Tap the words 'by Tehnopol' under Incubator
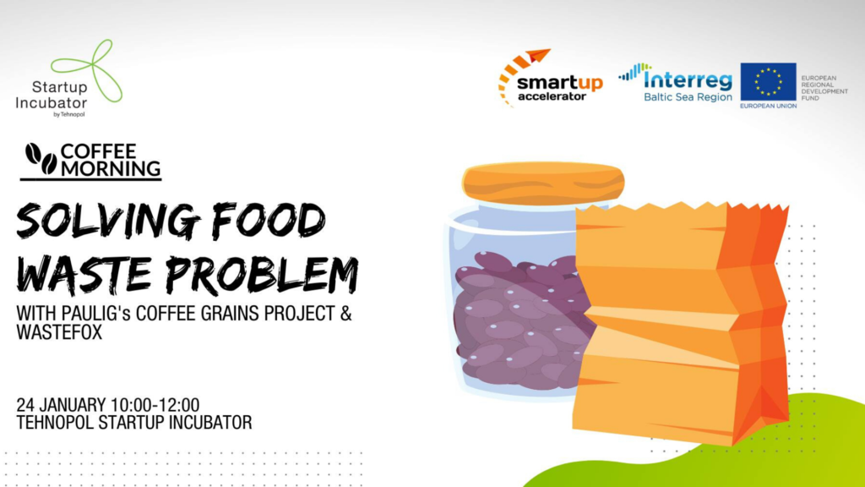[69, 114]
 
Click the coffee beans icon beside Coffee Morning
[41, 159]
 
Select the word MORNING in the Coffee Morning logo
[111, 168]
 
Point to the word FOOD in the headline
[269, 221]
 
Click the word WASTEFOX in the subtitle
[59, 332]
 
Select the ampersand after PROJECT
[345, 313]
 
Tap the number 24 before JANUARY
[25, 405]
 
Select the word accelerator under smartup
[552, 96]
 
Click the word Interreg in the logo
[688, 80]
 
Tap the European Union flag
[768, 82]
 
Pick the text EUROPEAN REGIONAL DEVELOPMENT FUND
[824, 88]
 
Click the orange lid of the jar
[543, 183]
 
